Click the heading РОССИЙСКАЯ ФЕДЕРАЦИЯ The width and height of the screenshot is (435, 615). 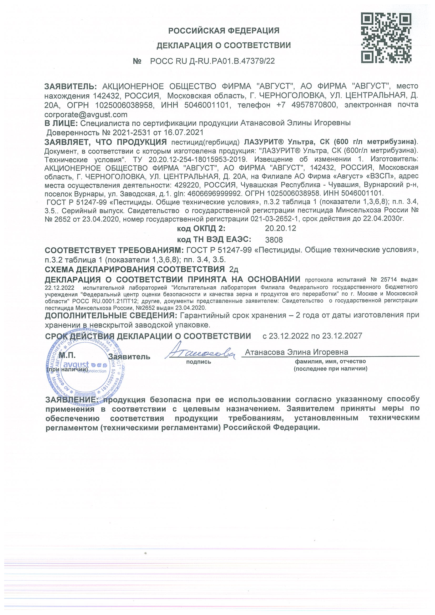pos(224,31)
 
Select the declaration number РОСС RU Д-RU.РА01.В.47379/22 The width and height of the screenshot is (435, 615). pos(212,61)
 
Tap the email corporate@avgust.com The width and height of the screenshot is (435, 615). pos(86,115)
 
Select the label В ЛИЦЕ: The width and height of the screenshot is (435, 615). pos(61,123)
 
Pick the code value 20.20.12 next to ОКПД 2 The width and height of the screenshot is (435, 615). pos(280,228)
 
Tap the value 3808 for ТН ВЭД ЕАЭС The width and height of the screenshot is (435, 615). pos(274,239)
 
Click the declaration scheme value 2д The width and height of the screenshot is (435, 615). pos(234,269)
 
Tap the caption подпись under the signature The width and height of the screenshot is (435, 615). pos(199,362)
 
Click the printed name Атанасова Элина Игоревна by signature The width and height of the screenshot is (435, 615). pos(296,352)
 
